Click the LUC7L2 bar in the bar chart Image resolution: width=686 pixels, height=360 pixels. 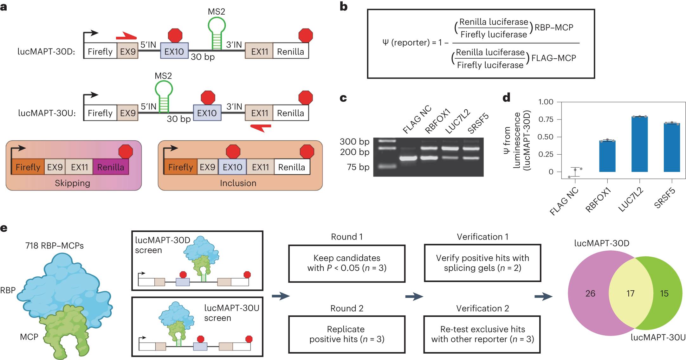pyautogui.click(x=639, y=144)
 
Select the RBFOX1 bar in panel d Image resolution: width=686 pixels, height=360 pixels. pyautogui.click(x=607, y=156)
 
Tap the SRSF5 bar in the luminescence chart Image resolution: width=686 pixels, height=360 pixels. pyautogui.click(x=672, y=147)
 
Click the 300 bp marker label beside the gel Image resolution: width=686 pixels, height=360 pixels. pyautogui.click(x=354, y=141)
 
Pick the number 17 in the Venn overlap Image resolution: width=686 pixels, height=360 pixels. pyautogui.click(x=630, y=293)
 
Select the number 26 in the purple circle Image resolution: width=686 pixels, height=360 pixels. pyautogui.click(x=590, y=293)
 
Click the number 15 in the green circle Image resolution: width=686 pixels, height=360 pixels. pyautogui.click(x=664, y=293)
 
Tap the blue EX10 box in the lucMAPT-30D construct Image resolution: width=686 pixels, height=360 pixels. pyautogui.click(x=174, y=51)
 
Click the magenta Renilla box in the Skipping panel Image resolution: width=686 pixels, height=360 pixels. pyautogui.click(x=111, y=167)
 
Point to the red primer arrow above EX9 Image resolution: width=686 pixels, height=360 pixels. pyautogui.click(x=126, y=36)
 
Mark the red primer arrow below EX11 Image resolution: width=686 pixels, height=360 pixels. pyautogui.click(x=261, y=128)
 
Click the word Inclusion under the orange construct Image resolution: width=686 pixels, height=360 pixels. pyautogui.click(x=238, y=183)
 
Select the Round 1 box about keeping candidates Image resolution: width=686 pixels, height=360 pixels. pyautogui.click(x=346, y=263)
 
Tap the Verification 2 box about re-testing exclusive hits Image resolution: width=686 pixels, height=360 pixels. pyautogui.click(x=482, y=334)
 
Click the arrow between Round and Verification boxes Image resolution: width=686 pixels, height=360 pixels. pyautogui.click(x=414, y=297)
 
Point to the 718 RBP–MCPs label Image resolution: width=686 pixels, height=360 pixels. pyautogui.click(x=55, y=246)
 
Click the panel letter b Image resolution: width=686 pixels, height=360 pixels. pyautogui.click(x=344, y=7)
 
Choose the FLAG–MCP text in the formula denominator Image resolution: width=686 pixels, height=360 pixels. pyautogui.click(x=553, y=58)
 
